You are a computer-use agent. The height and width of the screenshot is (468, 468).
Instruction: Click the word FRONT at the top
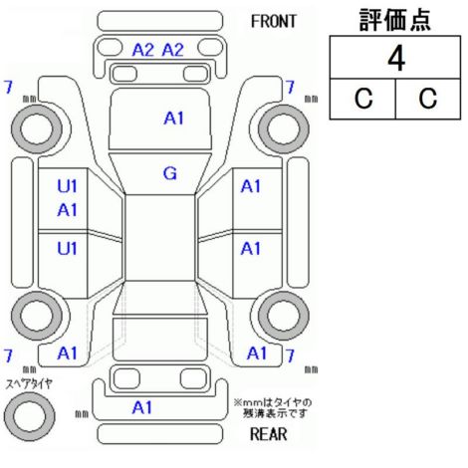click(x=273, y=22)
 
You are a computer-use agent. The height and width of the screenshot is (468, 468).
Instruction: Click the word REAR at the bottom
click(x=268, y=434)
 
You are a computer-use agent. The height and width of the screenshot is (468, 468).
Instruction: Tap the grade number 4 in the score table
click(x=396, y=59)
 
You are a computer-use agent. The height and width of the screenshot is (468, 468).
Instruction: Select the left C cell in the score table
click(x=363, y=99)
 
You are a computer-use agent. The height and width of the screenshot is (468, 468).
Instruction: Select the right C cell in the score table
click(x=428, y=99)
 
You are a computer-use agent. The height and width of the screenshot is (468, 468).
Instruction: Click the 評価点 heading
click(x=395, y=20)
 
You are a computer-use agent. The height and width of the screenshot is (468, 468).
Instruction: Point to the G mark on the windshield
click(x=170, y=173)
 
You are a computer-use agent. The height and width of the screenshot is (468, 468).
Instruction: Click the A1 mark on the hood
click(x=173, y=118)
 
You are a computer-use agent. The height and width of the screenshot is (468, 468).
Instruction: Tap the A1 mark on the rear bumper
click(x=142, y=407)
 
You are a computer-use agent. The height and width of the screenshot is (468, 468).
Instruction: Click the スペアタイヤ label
click(x=29, y=384)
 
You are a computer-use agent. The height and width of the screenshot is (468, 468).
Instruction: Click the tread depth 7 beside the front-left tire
click(x=8, y=88)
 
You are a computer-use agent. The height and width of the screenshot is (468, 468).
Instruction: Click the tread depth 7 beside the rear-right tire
click(x=290, y=355)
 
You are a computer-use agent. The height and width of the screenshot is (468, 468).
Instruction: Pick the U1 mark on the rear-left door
click(x=67, y=248)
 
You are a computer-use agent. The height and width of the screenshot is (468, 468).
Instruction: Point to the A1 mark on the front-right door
click(x=251, y=186)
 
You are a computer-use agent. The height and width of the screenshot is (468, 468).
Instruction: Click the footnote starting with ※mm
click(x=273, y=408)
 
